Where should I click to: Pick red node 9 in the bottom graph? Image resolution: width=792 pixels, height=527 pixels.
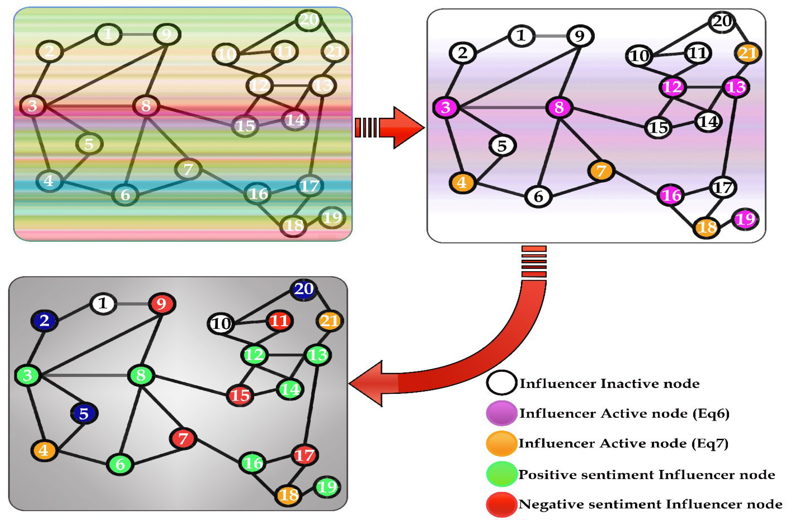point(162,304)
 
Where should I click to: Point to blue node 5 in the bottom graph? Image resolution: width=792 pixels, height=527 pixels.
point(84,414)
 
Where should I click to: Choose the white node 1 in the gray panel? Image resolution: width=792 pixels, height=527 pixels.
point(103,304)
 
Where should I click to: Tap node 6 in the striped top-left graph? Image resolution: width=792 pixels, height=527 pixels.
point(125,195)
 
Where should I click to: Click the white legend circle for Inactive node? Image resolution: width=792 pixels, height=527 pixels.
point(501,383)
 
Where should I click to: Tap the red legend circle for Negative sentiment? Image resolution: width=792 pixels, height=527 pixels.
point(501,504)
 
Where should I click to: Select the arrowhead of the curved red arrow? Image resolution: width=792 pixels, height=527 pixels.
point(368,383)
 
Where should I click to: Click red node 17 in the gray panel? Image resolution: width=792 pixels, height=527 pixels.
point(304,455)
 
